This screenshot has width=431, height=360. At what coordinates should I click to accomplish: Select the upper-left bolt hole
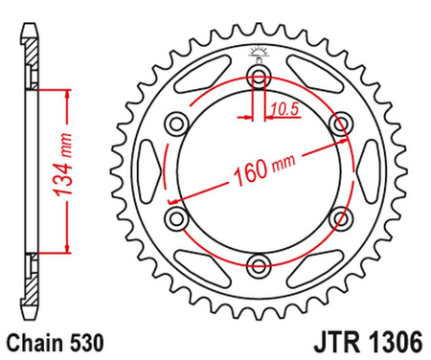click(175, 123)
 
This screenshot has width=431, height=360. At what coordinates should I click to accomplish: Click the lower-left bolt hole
click(175, 218)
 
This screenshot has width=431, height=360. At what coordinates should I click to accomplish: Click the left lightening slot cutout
click(151, 170)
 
